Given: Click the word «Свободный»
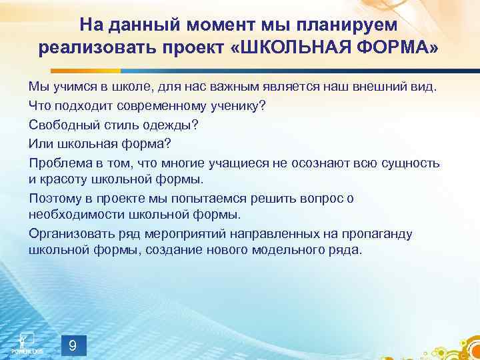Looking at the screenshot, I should tap(61, 125).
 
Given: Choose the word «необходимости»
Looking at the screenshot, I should tap(73, 215).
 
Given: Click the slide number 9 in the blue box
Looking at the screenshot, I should tap(73, 345).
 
